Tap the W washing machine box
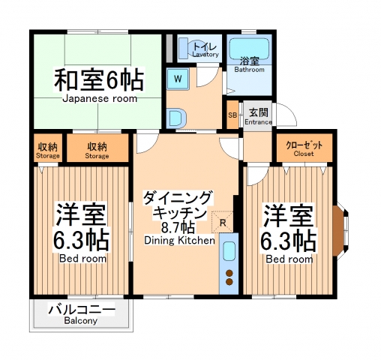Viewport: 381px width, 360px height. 178,78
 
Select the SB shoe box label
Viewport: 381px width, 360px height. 232,115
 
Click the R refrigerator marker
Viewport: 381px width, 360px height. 223,221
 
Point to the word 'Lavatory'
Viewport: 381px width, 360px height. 205,55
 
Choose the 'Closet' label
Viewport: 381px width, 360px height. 304,153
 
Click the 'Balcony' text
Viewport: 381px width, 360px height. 81,321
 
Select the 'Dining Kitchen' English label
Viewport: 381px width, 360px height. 180,241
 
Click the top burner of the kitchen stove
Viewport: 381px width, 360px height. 229,271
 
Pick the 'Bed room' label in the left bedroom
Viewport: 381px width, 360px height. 82,259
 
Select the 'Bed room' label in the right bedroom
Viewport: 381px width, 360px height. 289,259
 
